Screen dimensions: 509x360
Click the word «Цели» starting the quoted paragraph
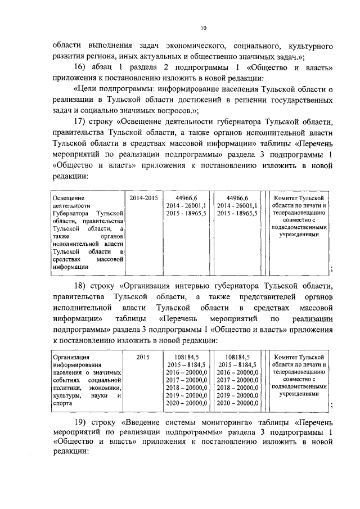[x=87, y=89]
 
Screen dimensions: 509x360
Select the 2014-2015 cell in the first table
[x=143, y=199]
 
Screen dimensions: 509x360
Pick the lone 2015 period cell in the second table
[x=143, y=357]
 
